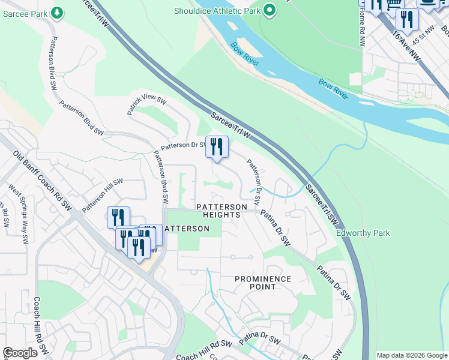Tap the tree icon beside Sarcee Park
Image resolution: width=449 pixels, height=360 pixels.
pos(56,12)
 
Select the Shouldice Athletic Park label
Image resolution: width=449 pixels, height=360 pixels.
pos(217,10)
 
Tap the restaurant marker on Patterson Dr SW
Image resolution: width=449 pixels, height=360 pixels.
pos(217,147)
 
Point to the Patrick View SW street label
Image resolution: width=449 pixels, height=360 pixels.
pos(146,106)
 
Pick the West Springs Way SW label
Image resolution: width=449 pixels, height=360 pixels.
pos(17,214)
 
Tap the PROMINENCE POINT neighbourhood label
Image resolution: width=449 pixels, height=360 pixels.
pos(263,283)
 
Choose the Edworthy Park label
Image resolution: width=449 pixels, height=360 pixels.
pos(363,233)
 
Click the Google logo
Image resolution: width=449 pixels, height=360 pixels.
pos(20,353)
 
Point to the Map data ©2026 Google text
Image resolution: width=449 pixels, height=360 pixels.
pos(411,355)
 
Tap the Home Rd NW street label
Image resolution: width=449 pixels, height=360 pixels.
pos(361,29)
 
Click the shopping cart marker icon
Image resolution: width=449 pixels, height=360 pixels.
pos(393,5)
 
